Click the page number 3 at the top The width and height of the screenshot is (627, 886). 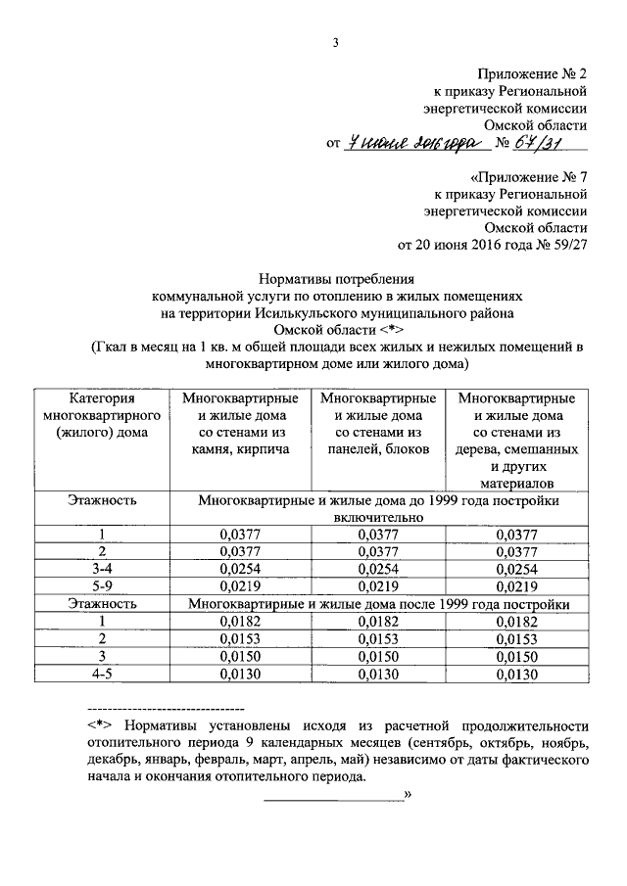pos(335,42)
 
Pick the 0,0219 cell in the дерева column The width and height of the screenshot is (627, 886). pos(517,586)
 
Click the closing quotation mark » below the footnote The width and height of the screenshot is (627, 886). pos(407,795)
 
